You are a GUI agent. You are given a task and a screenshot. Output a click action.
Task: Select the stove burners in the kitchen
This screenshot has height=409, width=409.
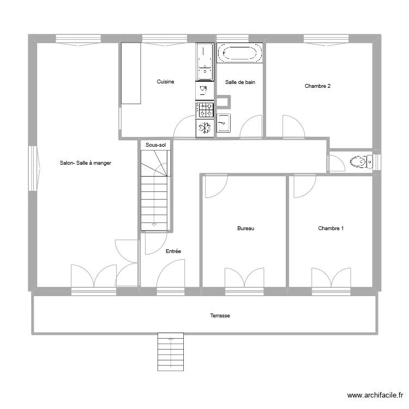click(x=205, y=110)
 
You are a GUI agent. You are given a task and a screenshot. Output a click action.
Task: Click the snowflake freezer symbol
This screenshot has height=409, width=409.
click(x=205, y=128)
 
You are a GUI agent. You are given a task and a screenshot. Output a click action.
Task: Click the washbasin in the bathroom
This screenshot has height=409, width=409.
click(x=224, y=123)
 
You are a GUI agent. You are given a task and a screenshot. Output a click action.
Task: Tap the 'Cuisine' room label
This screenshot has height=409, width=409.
click(x=166, y=82)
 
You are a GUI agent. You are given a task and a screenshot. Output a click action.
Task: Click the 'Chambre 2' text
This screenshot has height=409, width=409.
click(x=317, y=86)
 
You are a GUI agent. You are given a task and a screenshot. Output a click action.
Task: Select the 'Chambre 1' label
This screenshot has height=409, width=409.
click(x=331, y=228)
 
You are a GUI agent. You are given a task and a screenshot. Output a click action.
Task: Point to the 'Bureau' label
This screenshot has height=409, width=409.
click(x=245, y=228)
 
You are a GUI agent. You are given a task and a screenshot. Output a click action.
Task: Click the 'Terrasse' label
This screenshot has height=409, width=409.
click(x=220, y=316)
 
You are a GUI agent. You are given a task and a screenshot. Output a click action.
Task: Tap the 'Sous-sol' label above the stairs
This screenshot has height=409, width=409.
click(x=155, y=145)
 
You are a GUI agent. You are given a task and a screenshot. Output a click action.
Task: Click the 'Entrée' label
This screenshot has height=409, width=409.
click(x=173, y=251)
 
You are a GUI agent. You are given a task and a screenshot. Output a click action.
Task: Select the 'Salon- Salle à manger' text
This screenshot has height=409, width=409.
click(x=86, y=163)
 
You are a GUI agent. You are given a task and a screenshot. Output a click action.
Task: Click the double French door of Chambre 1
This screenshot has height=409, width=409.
click(x=330, y=278)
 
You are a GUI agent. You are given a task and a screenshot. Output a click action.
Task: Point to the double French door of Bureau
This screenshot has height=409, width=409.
click(x=244, y=278)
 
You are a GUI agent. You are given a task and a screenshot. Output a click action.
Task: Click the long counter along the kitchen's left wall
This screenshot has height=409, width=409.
click(x=131, y=73)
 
